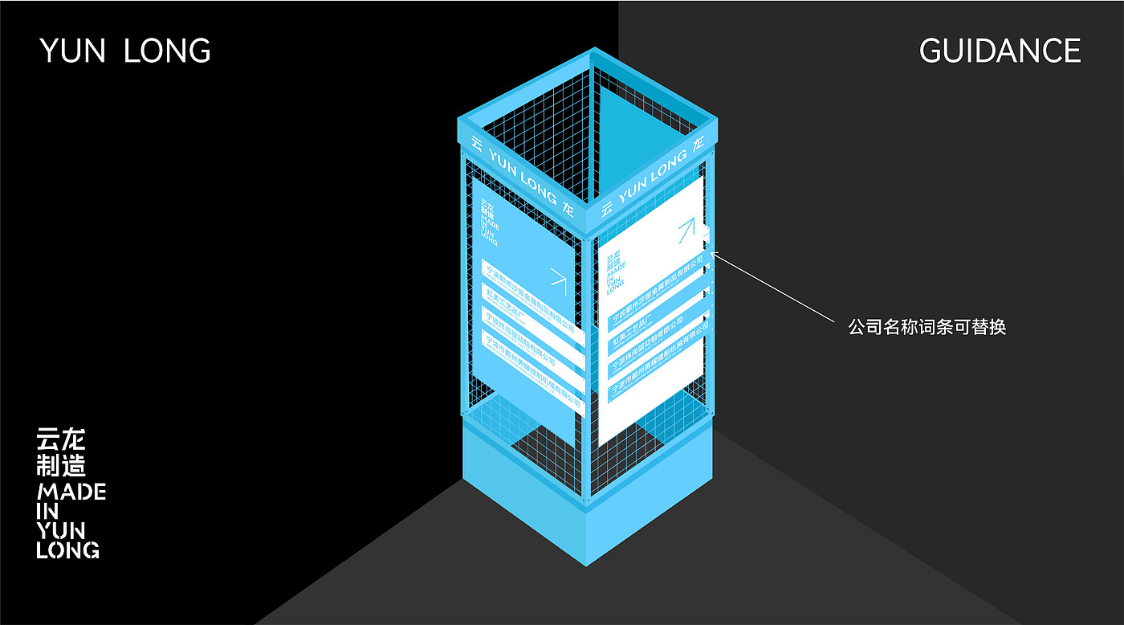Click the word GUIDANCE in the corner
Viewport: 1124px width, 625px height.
click(x=1000, y=51)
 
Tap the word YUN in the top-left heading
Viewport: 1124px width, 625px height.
click(x=73, y=51)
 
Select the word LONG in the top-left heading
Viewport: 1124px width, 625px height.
click(x=167, y=51)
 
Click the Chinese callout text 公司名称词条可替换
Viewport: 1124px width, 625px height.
click(x=926, y=327)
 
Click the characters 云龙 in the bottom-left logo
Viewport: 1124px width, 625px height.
click(x=60, y=439)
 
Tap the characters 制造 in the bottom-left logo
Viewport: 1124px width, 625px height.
click(x=60, y=465)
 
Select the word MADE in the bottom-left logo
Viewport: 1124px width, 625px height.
click(x=71, y=492)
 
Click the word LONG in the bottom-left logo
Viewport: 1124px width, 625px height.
click(x=68, y=550)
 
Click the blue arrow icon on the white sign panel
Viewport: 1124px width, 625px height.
click(x=686, y=231)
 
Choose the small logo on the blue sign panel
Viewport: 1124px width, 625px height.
click(x=487, y=221)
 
